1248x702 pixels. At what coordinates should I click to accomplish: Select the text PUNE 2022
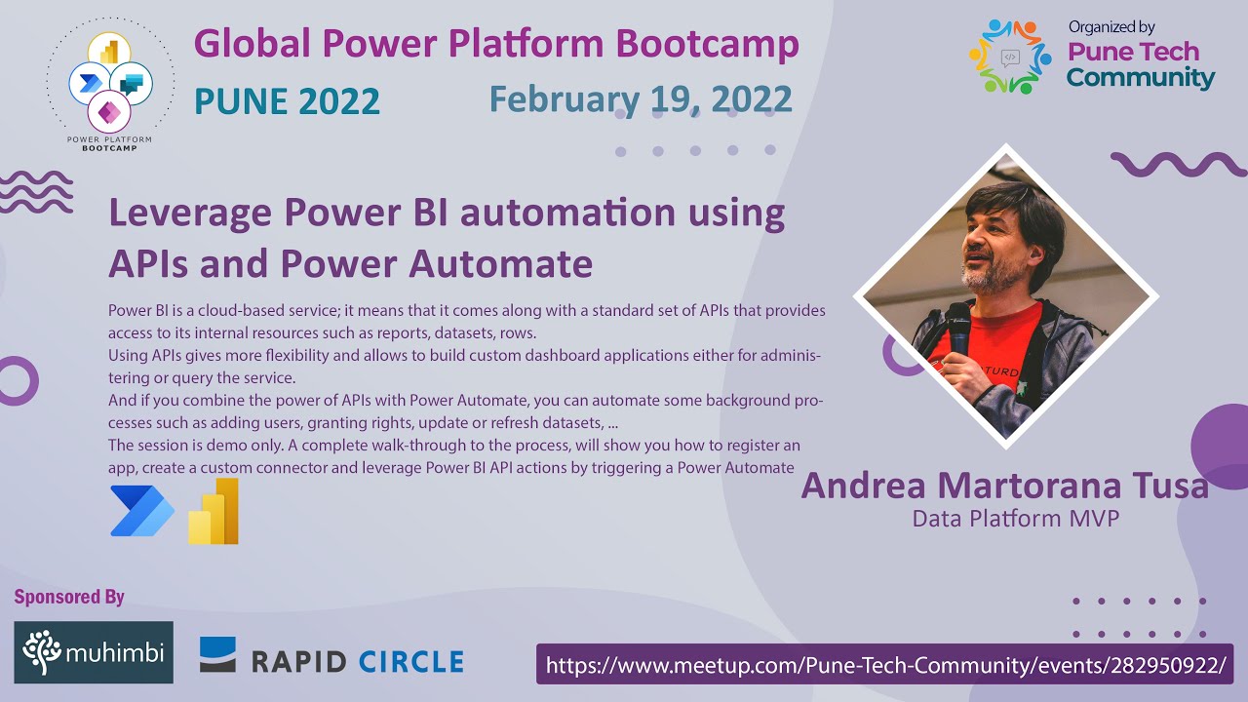click(x=287, y=101)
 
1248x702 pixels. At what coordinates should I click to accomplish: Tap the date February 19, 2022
click(x=641, y=99)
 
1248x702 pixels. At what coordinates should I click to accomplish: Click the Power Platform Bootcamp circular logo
click(x=109, y=83)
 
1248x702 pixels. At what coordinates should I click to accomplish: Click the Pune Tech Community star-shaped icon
click(x=1010, y=58)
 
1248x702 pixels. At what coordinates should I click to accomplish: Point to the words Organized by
click(x=1111, y=27)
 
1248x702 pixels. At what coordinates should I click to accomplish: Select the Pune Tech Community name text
click(x=1139, y=64)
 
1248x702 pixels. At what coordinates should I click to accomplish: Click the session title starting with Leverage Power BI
click(x=447, y=238)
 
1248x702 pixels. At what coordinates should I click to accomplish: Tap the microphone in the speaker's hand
click(x=958, y=327)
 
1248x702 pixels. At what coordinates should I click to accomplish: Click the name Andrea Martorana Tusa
click(x=1004, y=485)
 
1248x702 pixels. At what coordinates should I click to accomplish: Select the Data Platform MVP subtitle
click(x=1015, y=519)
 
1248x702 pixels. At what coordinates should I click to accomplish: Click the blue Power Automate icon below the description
click(x=141, y=511)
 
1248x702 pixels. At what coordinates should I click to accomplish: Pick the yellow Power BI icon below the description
click(x=214, y=511)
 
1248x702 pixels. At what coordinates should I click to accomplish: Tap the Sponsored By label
click(x=69, y=597)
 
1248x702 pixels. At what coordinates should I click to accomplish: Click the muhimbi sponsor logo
click(x=94, y=652)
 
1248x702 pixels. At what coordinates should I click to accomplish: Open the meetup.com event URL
click(x=884, y=665)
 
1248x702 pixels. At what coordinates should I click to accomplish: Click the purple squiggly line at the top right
click(x=1178, y=165)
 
